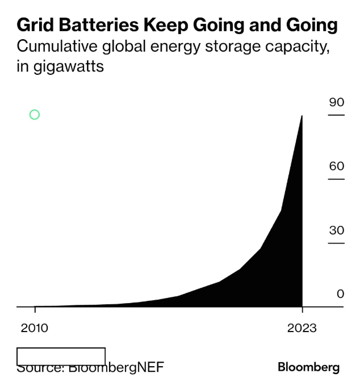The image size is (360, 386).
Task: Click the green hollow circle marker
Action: click(x=34, y=115)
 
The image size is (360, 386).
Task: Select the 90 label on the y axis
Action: click(x=337, y=102)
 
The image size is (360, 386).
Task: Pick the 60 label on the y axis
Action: click(x=337, y=166)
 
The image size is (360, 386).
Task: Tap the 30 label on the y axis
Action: click(x=337, y=230)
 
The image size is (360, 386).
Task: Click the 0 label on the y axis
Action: click(x=341, y=294)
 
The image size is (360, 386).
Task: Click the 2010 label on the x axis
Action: click(x=35, y=328)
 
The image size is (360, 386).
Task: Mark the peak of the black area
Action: click(x=302, y=116)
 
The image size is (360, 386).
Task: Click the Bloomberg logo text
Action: click(x=308, y=367)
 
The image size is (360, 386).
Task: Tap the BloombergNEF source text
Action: click(x=116, y=367)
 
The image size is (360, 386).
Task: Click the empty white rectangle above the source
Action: click(x=61, y=356)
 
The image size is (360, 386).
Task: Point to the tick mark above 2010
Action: click(x=35, y=309)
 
